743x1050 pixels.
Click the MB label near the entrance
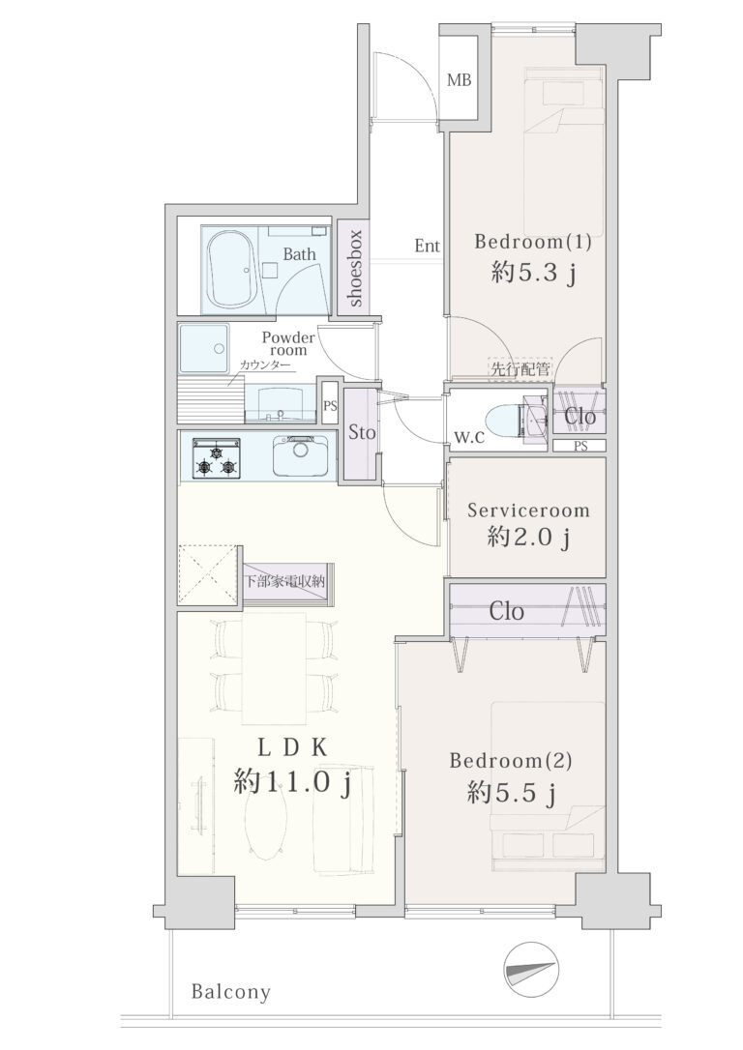(x=459, y=80)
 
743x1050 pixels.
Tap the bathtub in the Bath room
(x=232, y=269)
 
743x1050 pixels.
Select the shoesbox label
(x=355, y=268)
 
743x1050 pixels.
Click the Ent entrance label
(x=428, y=246)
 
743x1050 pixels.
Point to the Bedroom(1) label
(x=533, y=241)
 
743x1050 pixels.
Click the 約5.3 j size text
(x=533, y=274)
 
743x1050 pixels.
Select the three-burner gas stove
(x=217, y=458)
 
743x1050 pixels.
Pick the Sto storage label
(x=362, y=432)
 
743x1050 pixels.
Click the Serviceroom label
(x=528, y=510)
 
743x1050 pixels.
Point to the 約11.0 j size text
(x=292, y=782)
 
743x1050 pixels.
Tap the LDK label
(x=292, y=747)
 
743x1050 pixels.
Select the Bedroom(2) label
(x=511, y=761)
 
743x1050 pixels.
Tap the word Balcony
(x=231, y=992)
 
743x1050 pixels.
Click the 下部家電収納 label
(x=284, y=581)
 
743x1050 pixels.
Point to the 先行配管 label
(x=520, y=368)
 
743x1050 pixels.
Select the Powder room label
(x=288, y=343)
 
